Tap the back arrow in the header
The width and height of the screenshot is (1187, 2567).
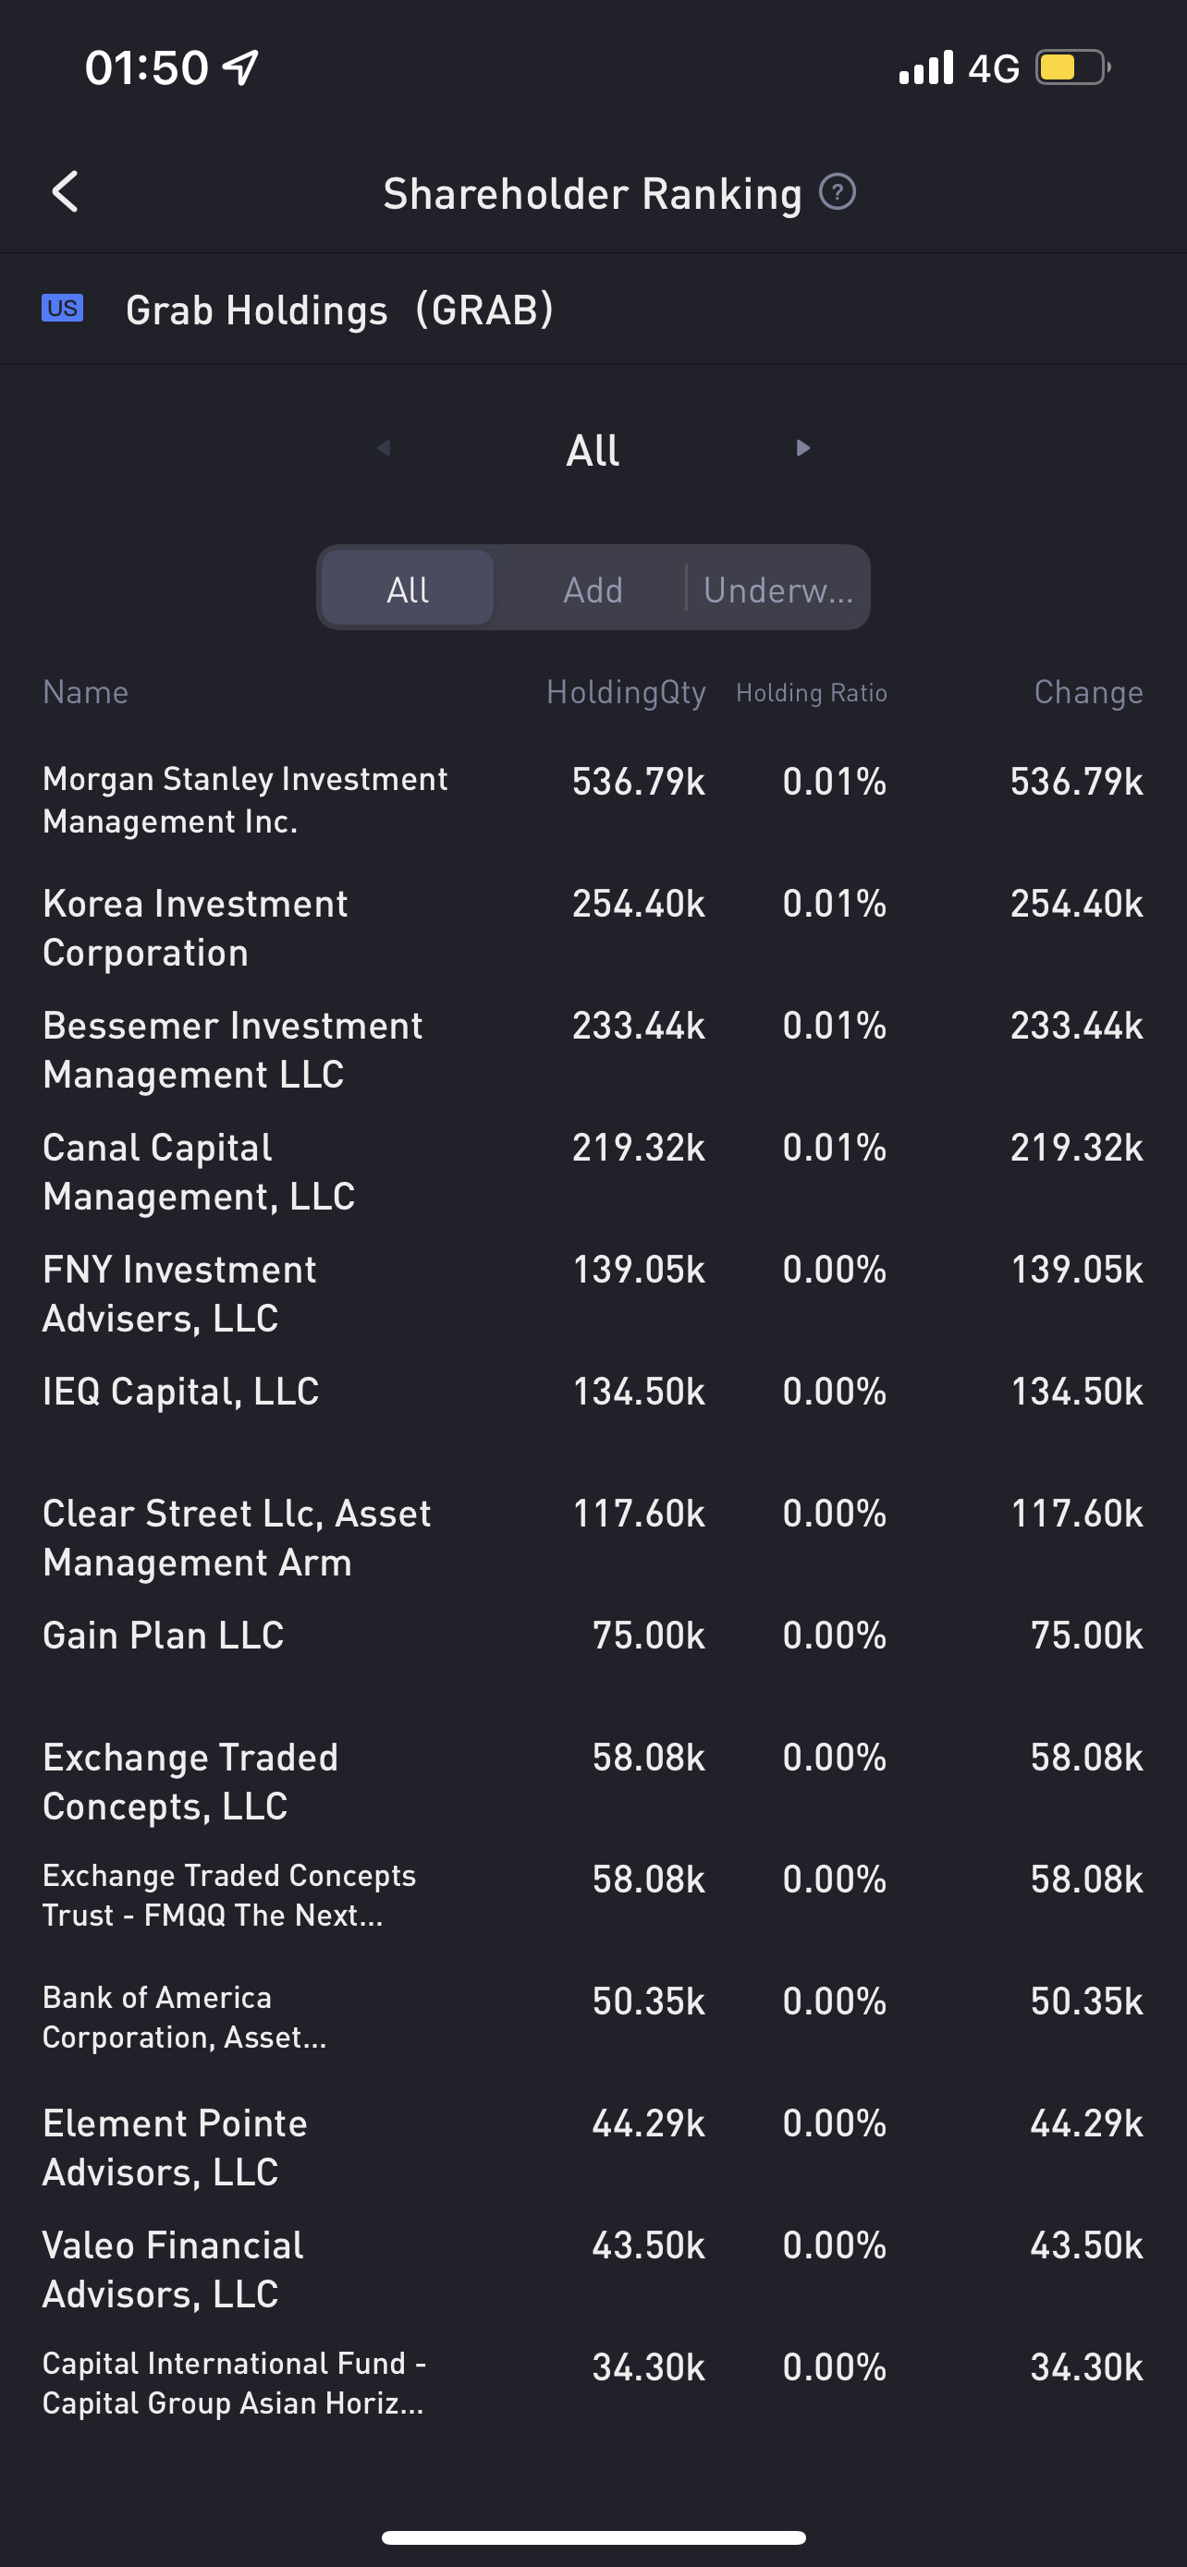(x=66, y=191)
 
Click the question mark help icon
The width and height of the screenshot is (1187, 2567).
(x=838, y=191)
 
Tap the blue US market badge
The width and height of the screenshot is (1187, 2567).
(x=62, y=309)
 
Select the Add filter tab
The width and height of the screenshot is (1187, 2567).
(x=593, y=590)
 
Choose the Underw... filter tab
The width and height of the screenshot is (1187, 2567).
(x=777, y=590)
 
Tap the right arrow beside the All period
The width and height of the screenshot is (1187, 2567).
(x=802, y=448)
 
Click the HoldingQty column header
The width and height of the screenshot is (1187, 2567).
(x=626, y=692)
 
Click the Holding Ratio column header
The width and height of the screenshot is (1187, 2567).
(x=812, y=692)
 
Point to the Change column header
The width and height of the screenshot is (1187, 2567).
(x=1088, y=692)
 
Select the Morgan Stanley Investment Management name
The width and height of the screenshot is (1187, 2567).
(x=245, y=800)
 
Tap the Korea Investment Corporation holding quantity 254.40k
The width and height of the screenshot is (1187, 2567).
(x=639, y=904)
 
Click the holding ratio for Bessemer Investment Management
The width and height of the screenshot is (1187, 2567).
(x=834, y=1027)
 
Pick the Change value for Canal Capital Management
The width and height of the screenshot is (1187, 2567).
(x=1076, y=1148)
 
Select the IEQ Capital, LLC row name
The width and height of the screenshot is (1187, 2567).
(x=181, y=1391)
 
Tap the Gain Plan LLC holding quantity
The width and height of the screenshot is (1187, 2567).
(x=649, y=1636)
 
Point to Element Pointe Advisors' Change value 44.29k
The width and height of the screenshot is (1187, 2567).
(x=1086, y=2123)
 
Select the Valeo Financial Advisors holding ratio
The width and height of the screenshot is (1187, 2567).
(x=834, y=2245)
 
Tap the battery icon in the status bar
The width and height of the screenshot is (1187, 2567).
(x=1071, y=67)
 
